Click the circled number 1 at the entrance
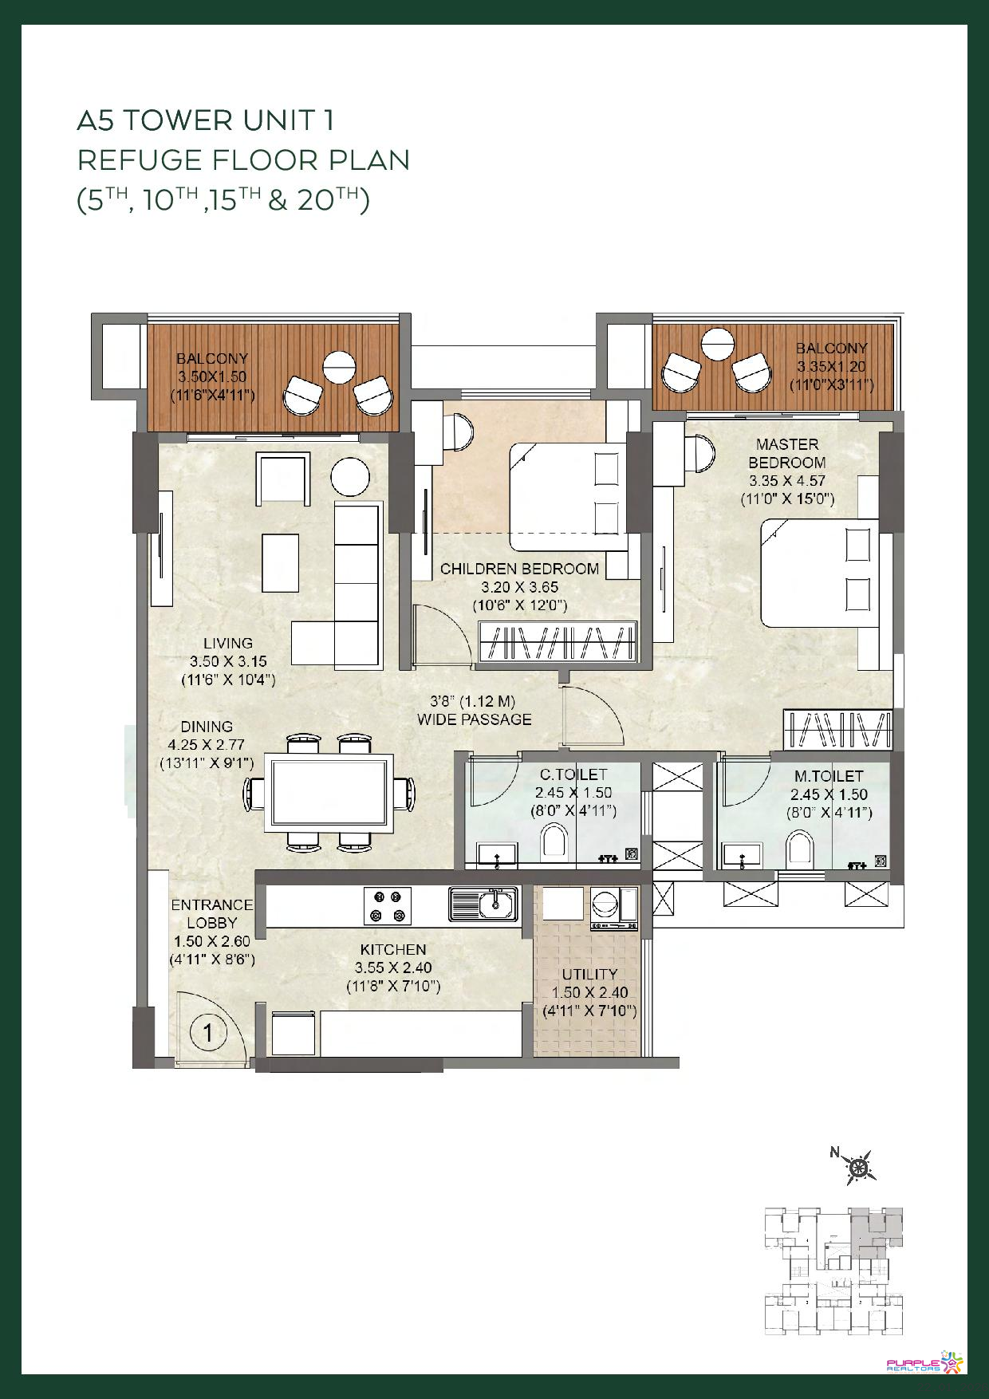pyautogui.click(x=208, y=1034)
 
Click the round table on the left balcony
pyautogui.click(x=339, y=368)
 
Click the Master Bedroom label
pyautogui.click(x=786, y=453)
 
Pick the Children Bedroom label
pyautogui.click(x=519, y=569)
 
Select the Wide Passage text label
pyautogui.click(x=475, y=710)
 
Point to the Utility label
pyautogui.click(x=589, y=974)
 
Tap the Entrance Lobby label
pyautogui.click(x=212, y=913)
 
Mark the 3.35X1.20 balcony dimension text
pyautogui.click(x=831, y=367)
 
